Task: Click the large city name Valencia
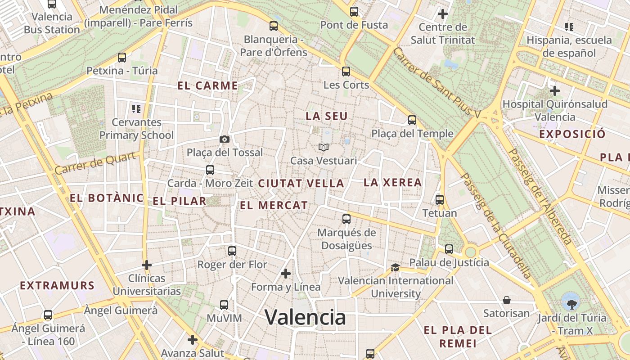pos(305,317)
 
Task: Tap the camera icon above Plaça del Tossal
pos(225,139)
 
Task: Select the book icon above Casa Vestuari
pos(324,147)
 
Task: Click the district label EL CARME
pos(207,86)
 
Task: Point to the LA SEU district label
pos(327,116)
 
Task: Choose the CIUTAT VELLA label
pos(301,184)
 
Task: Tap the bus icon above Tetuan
pos(440,199)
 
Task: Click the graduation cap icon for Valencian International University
pos(395,267)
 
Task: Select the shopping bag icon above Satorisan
pos(507,300)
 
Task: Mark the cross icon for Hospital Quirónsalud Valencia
pos(555,91)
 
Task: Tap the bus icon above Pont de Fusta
pos(354,12)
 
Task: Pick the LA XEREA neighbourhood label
pos(393,183)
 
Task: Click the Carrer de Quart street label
pos(95,163)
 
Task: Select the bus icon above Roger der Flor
pos(232,251)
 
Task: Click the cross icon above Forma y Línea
pos(286,274)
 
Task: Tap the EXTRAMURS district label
pos(57,286)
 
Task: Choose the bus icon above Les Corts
pos(346,71)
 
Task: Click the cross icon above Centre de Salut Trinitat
pos(443,14)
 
